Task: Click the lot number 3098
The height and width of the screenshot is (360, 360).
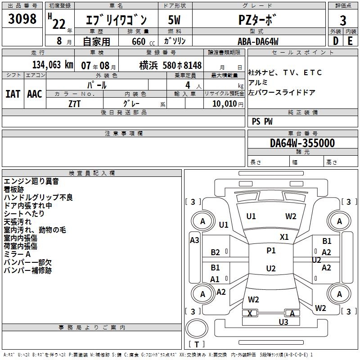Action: pyautogui.click(x=22, y=19)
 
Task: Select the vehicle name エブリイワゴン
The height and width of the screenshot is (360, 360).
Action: pyautogui.click(x=116, y=20)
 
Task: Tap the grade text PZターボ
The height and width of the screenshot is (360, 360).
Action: pyautogui.click(x=257, y=20)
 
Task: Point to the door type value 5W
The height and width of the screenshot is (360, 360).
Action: pyautogui.click(x=175, y=20)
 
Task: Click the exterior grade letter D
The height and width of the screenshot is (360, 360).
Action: pyautogui.click(x=335, y=41)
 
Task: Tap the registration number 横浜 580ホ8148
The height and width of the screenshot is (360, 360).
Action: pyautogui.click(x=171, y=65)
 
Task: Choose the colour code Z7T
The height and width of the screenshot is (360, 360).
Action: pyautogui.click(x=75, y=103)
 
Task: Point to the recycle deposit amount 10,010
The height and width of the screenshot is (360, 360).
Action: pyautogui.click(x=223, y=104)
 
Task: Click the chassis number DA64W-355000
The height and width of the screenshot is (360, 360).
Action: pyautogui.click(x=302, y=143)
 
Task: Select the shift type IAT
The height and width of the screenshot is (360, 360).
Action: pyautogui.click(x=13, y=94)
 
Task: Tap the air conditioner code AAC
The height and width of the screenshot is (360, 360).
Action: pyautogui.click(x=35, y=94)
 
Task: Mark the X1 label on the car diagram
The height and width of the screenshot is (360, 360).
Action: pyautogui.click(x=284, y=237)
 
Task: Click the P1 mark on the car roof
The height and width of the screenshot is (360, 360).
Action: pyautogui.click(x=271, y=251)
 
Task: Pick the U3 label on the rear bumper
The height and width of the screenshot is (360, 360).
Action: pyautogui.click(x=283, y=322)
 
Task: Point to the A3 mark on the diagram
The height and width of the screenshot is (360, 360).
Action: pyautogui.click(x=194, y=240)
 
